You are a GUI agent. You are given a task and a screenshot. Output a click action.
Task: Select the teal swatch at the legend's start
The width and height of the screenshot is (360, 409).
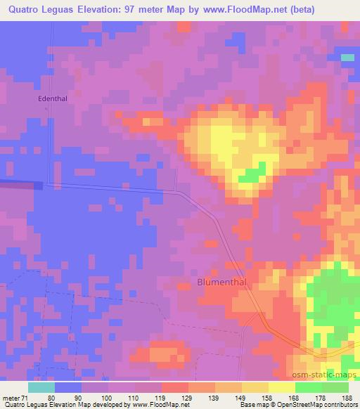click(x=41, y=387)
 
